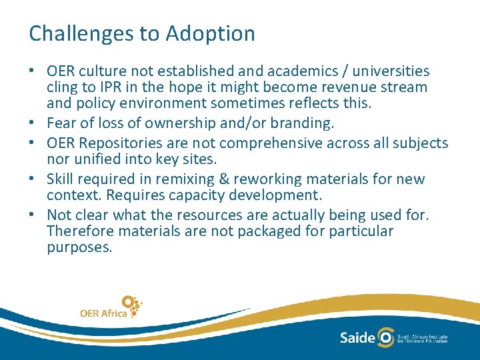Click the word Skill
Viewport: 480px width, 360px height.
[61, 179]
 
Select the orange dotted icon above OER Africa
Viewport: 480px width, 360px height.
[132, 305]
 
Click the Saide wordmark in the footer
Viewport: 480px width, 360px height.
[357, 337]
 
